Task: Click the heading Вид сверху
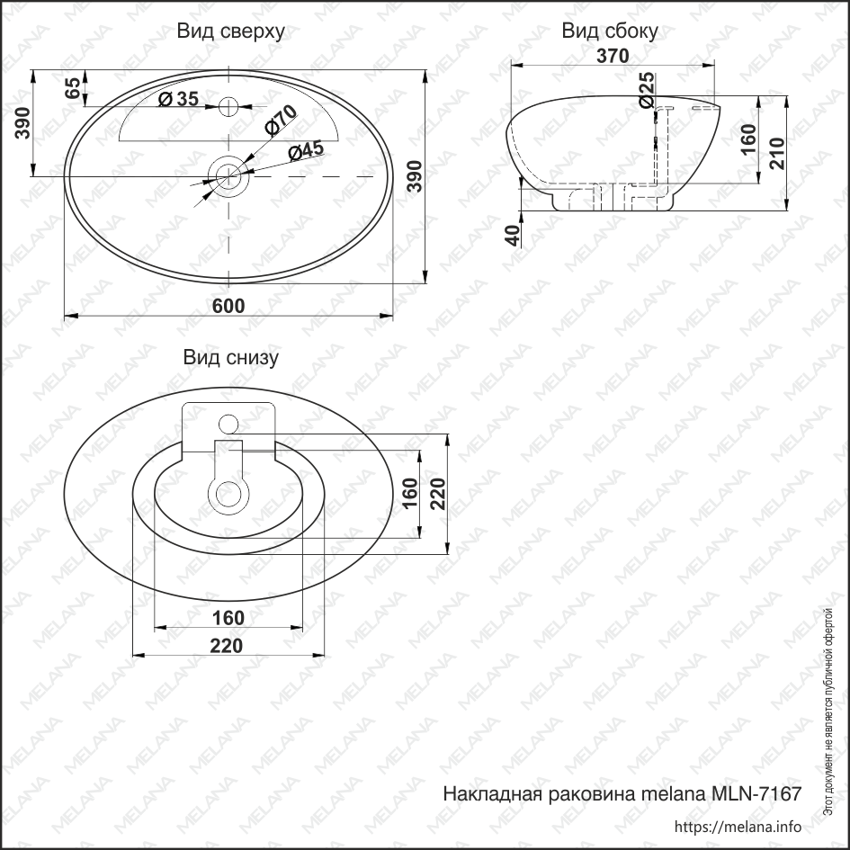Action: (x=231, y=32)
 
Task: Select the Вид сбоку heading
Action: (x=610, y=32)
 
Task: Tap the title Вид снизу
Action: (x=231, y=358)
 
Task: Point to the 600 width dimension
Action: (x=228, y=306)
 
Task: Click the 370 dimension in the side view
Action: (x=612, y=56)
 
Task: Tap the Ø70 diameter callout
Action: (x=281, y=121)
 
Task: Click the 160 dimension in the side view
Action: (x=747, y=139)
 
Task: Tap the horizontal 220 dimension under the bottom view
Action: (x=228, y=645)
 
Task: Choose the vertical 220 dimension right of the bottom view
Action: (x=438, y=493)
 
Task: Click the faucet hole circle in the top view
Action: (x=229, y=107)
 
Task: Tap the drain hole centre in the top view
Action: (x=228, y=173)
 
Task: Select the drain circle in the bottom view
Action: (x=228, y=492)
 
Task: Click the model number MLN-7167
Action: (x=756, y=795)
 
